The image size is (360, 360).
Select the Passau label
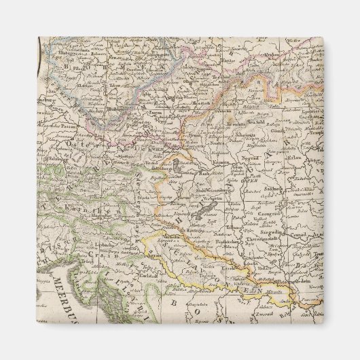click(x=67, y=126)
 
